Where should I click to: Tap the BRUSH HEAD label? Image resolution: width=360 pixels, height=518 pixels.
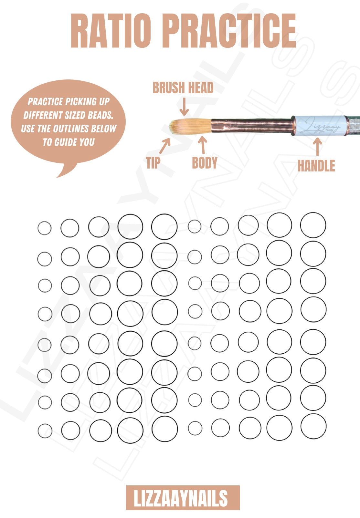[x=183, y=88]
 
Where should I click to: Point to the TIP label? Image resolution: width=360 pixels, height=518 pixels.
[x=153, y=163]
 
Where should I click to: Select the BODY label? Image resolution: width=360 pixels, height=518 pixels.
[x=205, y=163]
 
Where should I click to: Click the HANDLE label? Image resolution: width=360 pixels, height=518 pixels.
[x=316, y=166]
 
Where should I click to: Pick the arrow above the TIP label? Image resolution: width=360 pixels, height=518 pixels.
[x=165, y=146]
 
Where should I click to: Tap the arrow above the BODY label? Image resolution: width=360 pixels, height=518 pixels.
[x=203, y=145]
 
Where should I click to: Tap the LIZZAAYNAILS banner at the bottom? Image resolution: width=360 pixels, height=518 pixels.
[x=183, y=498]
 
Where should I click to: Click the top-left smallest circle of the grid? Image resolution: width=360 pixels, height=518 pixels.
[x=44, y=228]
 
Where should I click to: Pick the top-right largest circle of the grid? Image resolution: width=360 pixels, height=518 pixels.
[x=313, y=225]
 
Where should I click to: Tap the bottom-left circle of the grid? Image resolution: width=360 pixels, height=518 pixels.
[x=45, y=431]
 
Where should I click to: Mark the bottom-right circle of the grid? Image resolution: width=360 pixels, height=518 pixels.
[x=313, y=426]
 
